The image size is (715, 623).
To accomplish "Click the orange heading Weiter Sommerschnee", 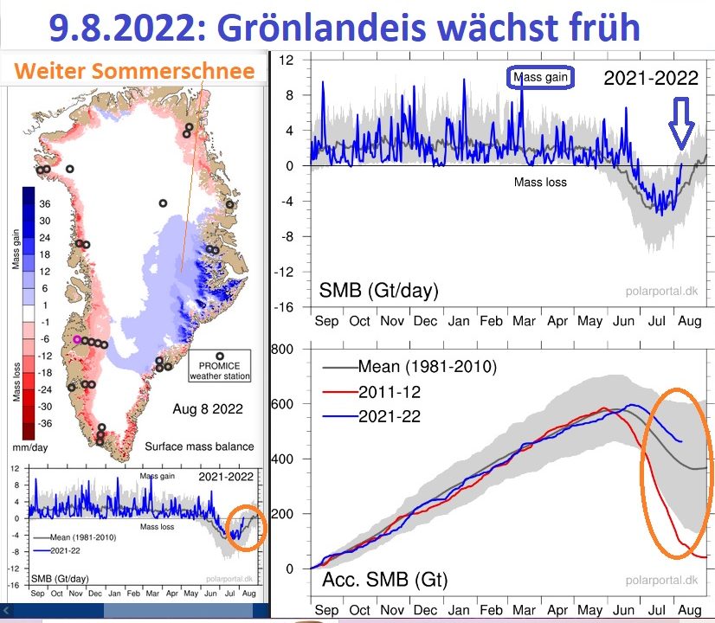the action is [134, 71].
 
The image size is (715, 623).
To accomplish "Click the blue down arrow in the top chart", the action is [681, 123].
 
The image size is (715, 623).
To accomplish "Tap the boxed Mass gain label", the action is [540, 77].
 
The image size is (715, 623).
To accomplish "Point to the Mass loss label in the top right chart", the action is [540, 183].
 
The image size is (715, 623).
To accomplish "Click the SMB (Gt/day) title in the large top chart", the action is [378, 291].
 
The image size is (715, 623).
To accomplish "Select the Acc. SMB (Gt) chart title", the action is [385, 580].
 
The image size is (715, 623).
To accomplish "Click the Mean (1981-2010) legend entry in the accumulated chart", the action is [409, 366].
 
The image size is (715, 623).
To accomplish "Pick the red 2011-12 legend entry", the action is [371, 392].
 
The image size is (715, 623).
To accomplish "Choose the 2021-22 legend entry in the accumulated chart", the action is [371, 416].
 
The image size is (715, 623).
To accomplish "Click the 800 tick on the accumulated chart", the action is [282, 350].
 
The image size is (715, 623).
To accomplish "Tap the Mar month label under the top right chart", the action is [524, 321].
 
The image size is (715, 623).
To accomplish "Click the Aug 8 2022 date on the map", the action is [208, 408].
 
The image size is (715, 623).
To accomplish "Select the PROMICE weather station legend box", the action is [220, 365].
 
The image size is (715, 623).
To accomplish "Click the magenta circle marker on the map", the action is [77, 339].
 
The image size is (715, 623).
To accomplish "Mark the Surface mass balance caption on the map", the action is [199, 446].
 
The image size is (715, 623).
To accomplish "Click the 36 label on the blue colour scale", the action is [45, 203].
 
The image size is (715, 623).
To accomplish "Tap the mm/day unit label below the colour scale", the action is [30, 447].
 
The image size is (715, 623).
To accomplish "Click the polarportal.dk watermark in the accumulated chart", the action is [661, 580].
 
